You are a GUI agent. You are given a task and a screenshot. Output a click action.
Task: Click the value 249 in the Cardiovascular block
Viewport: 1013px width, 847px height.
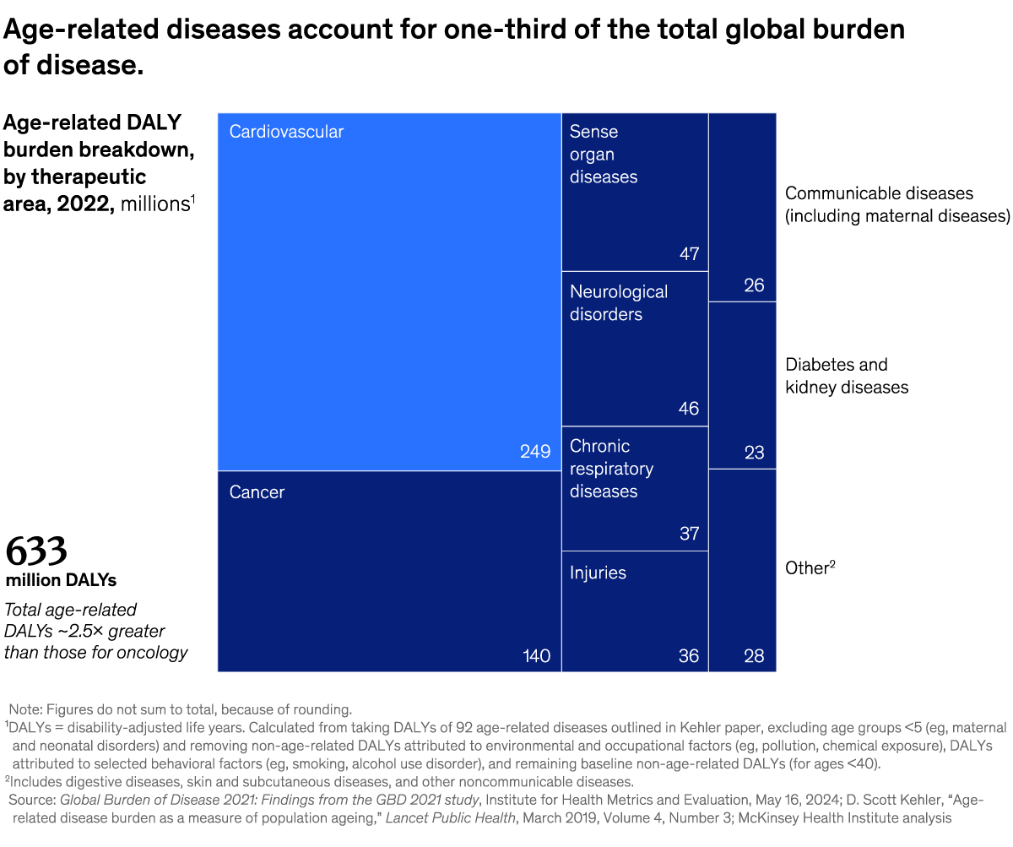(x=535, y=452)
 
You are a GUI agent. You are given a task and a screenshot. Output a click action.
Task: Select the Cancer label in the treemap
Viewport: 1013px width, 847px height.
(x=257, y=492)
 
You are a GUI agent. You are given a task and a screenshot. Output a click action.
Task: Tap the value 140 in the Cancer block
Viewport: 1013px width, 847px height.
(x=535, y=656)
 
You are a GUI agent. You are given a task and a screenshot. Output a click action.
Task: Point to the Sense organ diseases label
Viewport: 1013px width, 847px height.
(x=603, y=155)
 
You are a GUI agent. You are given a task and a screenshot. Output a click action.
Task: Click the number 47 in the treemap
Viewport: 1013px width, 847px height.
(x=689, y=254)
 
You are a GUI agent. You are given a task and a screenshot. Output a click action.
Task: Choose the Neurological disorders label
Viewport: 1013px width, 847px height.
(x=618, y=303)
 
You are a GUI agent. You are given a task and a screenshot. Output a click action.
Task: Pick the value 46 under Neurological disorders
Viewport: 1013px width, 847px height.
(x=689, y=409)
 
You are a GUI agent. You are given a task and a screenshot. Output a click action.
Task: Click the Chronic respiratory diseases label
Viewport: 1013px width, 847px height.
(x=611, y=469)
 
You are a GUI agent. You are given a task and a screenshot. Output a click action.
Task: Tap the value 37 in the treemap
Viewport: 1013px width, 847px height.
(x=689, y=534)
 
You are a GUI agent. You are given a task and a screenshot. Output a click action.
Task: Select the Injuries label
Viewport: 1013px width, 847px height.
(x=598, y=573)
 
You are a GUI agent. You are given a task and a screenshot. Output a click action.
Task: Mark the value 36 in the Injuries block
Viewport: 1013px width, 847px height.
(x=689, y=656)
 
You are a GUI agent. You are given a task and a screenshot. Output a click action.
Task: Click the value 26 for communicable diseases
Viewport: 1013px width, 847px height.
(x=754, y=285)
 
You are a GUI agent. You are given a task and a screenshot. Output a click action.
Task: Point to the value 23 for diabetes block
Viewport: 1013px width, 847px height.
(x=754, y=453)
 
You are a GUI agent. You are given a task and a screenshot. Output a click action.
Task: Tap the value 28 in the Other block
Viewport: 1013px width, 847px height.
(x=754, y=656)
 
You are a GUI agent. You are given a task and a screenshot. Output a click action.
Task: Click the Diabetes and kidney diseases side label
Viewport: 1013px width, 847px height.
(x=846, y=376)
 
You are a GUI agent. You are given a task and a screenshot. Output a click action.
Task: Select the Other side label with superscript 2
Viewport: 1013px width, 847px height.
(x=810, y=567)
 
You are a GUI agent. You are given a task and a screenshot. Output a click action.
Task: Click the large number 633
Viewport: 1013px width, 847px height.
(x=36, y=552)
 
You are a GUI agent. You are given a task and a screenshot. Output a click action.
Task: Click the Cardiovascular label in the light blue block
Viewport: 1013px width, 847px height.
(x=286, y=132)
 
